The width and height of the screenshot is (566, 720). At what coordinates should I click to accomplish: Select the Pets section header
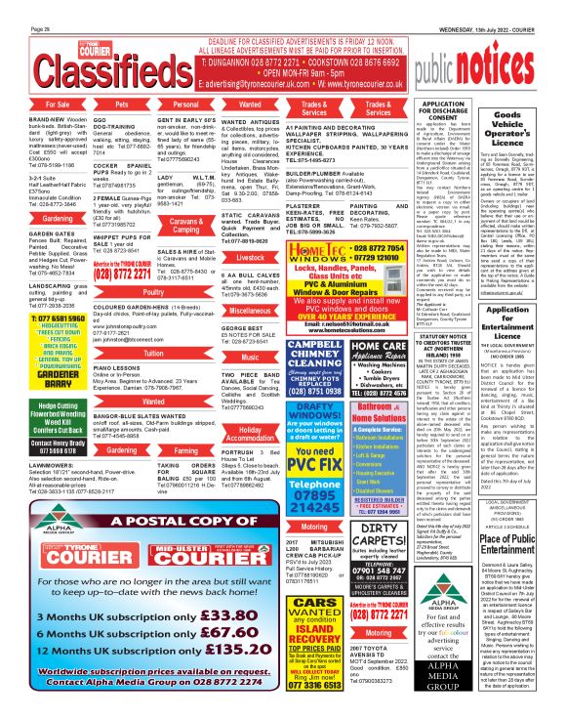click(x=122, y=102)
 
